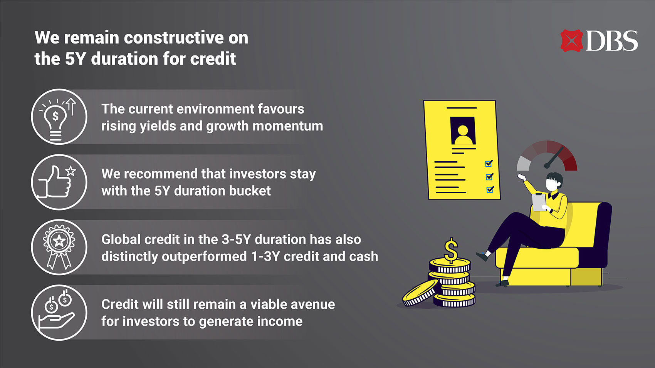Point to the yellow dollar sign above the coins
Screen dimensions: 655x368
pos(451,250)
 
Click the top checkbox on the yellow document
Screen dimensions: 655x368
pos(489,163)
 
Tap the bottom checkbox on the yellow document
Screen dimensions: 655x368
pos(490,189)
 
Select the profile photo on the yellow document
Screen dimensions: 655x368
pos(463,130)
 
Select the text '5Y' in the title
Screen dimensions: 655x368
pos(75,59)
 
